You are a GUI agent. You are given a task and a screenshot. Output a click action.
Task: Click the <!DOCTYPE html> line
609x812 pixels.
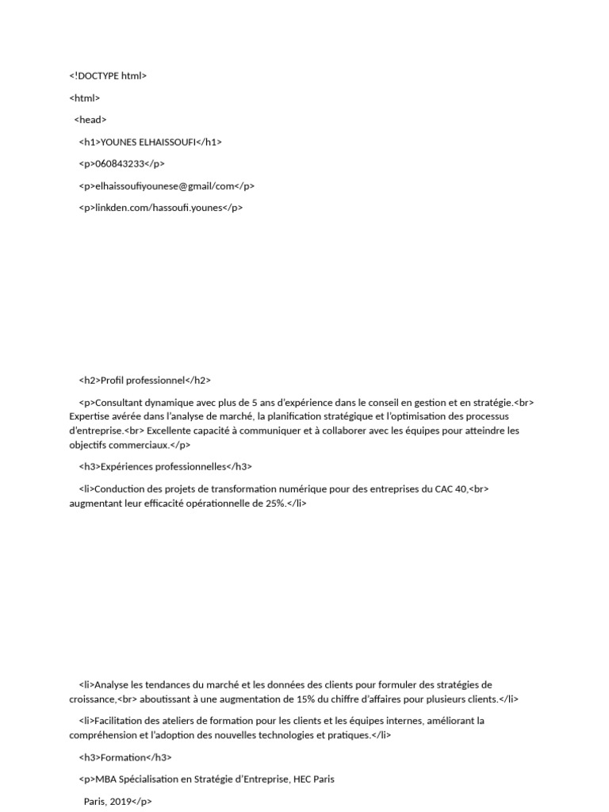(108, 76)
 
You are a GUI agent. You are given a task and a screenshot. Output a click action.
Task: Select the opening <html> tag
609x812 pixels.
(85, 98)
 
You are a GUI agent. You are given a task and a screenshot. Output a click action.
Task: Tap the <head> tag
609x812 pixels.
(90, 120)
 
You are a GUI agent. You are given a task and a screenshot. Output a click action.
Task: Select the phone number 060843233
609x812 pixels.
(118, 164)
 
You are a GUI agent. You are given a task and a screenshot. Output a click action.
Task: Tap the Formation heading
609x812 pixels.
(120, 757)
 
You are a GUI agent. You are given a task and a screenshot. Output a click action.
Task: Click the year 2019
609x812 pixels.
(121, 802)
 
